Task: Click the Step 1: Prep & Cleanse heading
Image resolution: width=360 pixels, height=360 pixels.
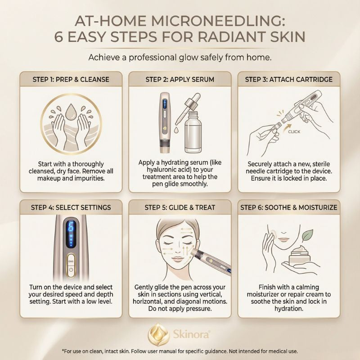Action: [x=71, y=80]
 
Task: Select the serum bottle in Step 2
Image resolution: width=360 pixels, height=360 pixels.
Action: [x=193, y=132]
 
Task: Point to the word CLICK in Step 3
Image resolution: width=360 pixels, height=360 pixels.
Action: [x=294, y=131]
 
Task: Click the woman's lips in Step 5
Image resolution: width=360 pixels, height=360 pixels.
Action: [x=177, y=260]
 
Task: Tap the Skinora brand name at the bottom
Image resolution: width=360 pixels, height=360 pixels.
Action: [x=191, y=334]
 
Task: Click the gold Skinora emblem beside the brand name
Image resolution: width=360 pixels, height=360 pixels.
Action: [x=159, y=334]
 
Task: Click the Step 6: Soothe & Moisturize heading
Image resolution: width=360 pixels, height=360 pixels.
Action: [x=288, y=207]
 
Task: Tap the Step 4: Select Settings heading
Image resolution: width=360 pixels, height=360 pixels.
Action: [x=71, y=207]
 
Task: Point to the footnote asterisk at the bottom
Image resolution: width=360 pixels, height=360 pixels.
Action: [x=63, y=351]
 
